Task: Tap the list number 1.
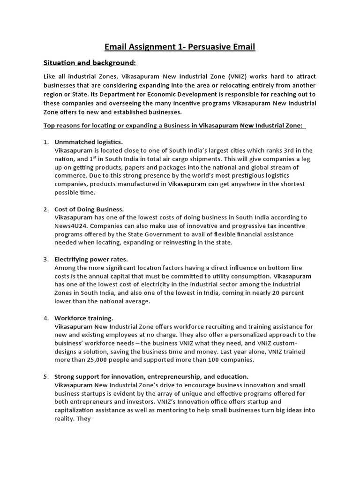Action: (x=46, y=142)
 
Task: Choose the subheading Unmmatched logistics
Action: (x=89, y=142)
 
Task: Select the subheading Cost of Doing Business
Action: (x=89, y=209)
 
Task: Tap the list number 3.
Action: (x=46, y=259)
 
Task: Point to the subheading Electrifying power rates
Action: (x=91, y=259)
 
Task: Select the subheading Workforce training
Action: (x=84, y=318)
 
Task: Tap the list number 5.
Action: (x=46, y=376)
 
